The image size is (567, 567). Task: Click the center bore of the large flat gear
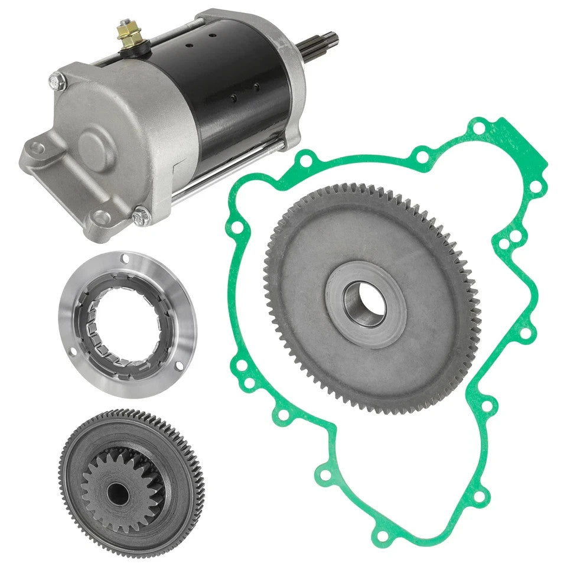pyautogui.click(x=364, y=303)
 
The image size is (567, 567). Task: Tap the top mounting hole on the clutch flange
pyautogui.click(x=125, y=258)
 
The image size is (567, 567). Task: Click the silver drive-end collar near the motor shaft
pyautogui.click(x=295, y=71)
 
